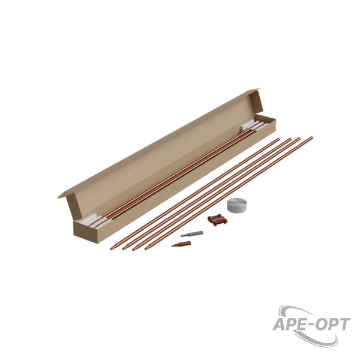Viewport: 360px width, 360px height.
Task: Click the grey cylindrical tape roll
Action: pyautogui.click(x=237, y=205)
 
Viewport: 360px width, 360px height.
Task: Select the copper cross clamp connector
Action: pyautogui.click(x=217, y=220)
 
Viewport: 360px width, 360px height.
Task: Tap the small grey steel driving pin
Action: pyautogui.click(x=192, y=234)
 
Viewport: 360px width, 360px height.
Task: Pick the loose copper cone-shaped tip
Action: pyautogui.click(x=181, y=244)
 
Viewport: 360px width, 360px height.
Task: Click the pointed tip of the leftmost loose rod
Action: pyautogui.click(x=112, y=249)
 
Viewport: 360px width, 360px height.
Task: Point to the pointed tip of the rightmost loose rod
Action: pyautogui.click(x=146, y=249)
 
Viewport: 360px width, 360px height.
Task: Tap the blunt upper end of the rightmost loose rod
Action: pyautogui.click(x=312, y=137)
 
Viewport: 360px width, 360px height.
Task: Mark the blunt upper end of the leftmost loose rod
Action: pyautogui.click(x=279, y=139)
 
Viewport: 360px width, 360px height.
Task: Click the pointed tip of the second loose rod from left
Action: pyautogui.click(x=123, y=249)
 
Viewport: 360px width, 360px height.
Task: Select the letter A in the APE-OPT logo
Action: pyautogui.click(x=280, y=324)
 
